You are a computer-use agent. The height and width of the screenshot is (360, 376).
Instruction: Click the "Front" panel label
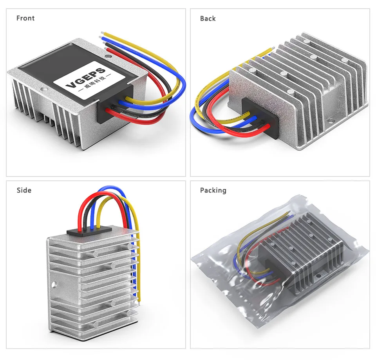coord(25,18)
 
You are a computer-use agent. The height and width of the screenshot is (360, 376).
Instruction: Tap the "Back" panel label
coord(208,18)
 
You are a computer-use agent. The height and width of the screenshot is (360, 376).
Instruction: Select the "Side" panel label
coord(24,190)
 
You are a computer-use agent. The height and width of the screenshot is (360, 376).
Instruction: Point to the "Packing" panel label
coord(213,190)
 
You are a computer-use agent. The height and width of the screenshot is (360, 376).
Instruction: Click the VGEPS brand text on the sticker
coord(85,78)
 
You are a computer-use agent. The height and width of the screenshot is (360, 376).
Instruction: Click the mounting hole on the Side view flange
coord(56,282)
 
